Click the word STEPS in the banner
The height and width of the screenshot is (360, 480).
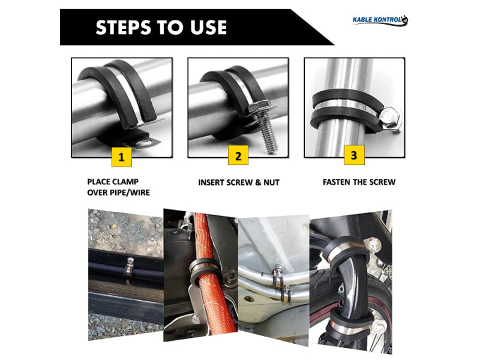coord(124,27)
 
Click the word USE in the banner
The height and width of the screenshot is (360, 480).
coord(208,27)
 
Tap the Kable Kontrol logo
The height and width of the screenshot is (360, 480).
coord(380,20)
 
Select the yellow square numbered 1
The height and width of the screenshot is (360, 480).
coord(122,157)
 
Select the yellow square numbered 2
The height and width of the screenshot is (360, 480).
coord(238,155)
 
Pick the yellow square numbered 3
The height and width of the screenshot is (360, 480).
coord(354,155)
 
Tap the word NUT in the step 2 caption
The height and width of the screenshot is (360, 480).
coord(272,182)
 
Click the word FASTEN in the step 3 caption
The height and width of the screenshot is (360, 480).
coord(337,182)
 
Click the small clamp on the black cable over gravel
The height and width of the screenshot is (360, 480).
coord(129,269)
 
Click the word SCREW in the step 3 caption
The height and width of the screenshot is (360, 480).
coord(383,182)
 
